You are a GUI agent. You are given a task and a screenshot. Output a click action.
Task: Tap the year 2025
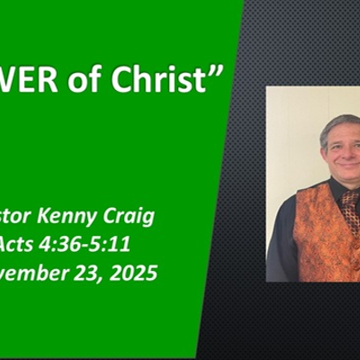click(131, 272)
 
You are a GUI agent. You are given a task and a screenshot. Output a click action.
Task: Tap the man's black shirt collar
click(334, 190)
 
